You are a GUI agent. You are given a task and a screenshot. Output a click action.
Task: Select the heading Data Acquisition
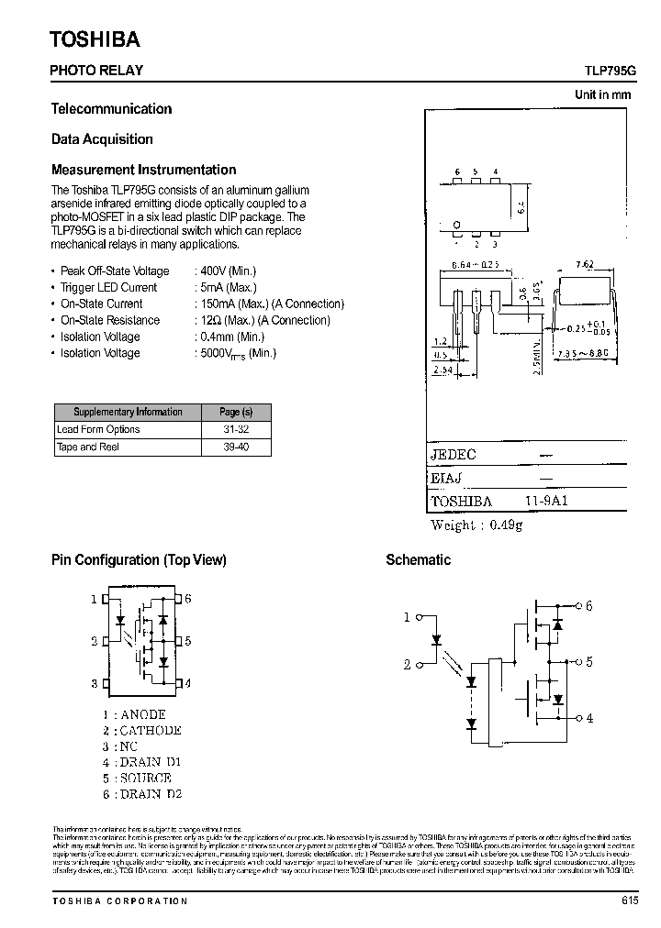102,139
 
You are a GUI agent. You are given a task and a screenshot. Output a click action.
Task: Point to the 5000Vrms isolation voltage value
238,353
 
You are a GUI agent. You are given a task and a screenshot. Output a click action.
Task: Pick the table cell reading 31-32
235,429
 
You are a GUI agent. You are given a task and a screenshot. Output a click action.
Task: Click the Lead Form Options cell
98,429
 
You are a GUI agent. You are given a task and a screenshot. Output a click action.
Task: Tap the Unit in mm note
603,94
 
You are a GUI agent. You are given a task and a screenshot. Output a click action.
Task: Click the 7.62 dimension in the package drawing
584,265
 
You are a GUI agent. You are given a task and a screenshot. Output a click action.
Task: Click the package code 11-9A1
549,502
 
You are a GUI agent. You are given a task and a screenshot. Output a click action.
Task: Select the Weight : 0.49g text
476,525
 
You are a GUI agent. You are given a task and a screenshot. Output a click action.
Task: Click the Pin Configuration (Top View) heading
139,559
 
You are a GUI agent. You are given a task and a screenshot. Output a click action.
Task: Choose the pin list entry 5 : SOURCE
137,778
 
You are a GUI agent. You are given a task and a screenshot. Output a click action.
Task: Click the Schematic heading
418,559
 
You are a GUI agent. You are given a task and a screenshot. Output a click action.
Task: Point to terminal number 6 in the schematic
588,605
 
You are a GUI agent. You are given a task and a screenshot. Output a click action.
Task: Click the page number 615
629,900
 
